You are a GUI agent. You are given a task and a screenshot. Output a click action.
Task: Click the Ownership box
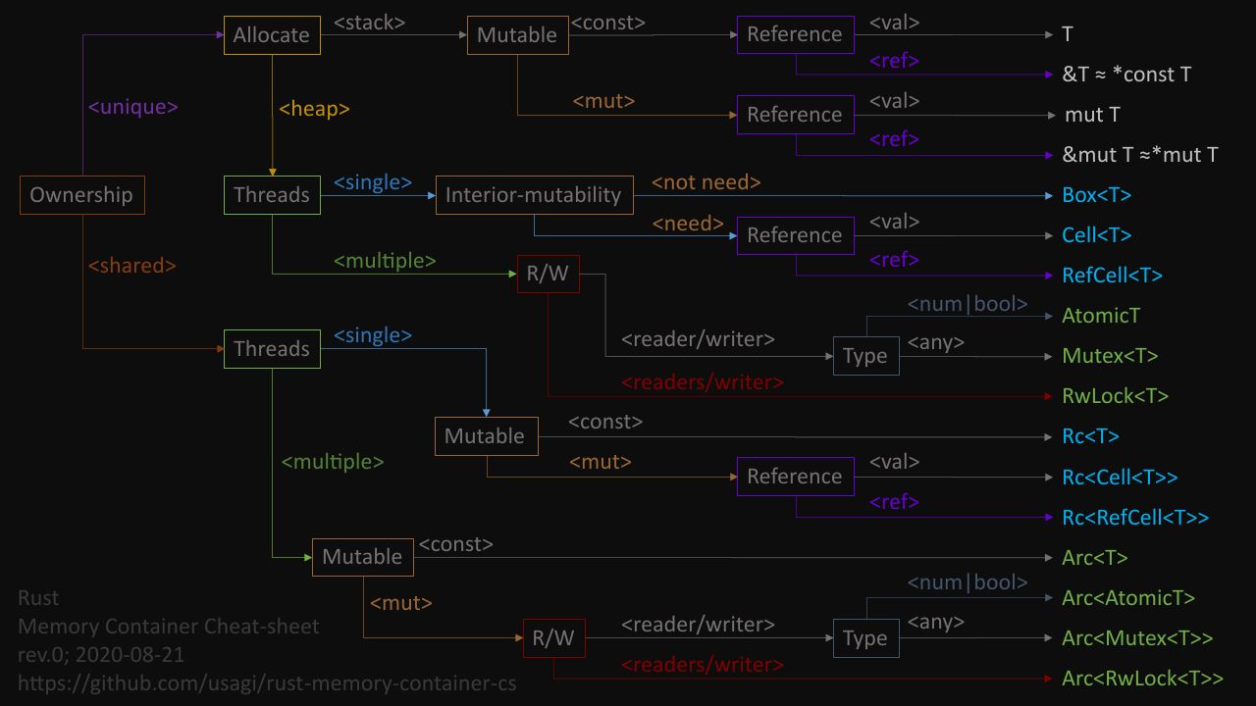tap(81, 195)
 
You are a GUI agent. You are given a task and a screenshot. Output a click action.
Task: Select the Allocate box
tap(272, 35)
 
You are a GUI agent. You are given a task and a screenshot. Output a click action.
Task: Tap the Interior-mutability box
tap(535, 195)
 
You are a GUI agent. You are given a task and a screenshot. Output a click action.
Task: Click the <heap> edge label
tap(314, 109)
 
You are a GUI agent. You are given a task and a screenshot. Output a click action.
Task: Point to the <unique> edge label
tap(132, 107)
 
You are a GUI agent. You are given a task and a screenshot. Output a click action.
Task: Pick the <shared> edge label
tap(132, 266)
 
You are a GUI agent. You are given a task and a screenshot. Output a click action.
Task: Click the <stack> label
tap(369, 23)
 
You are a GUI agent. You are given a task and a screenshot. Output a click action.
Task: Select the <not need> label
tap(706, 182)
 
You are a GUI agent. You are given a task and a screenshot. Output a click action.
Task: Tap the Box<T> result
tap(1097, 195)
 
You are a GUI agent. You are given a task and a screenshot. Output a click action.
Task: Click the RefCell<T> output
tap(1112, 276)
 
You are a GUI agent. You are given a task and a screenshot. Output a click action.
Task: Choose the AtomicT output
tap(1101, 316)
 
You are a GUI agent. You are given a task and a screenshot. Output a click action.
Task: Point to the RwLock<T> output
tap(1115, 396)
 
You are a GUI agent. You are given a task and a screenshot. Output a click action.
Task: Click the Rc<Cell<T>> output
tap(1120, 478)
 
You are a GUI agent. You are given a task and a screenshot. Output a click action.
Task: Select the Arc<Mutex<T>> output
tap(1137, 638)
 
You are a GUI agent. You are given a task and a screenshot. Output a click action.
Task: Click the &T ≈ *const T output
tap(1126, 75)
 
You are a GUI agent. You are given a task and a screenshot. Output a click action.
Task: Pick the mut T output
tap(1092, 115)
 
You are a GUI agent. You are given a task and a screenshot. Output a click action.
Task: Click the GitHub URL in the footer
tap(267, 683)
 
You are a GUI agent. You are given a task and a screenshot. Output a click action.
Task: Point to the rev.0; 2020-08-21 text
tap(101, 655)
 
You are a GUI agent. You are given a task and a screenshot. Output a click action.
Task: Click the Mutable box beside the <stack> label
tap(517, 35)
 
